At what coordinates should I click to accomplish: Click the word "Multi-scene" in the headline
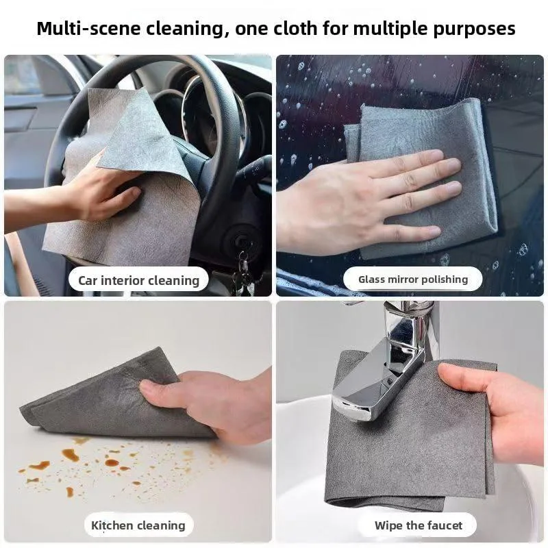90,28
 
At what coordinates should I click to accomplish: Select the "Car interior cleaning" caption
139,280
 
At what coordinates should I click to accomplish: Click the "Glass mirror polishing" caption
413,279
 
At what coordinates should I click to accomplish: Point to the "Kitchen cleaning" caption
138,525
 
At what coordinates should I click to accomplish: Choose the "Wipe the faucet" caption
419,525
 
